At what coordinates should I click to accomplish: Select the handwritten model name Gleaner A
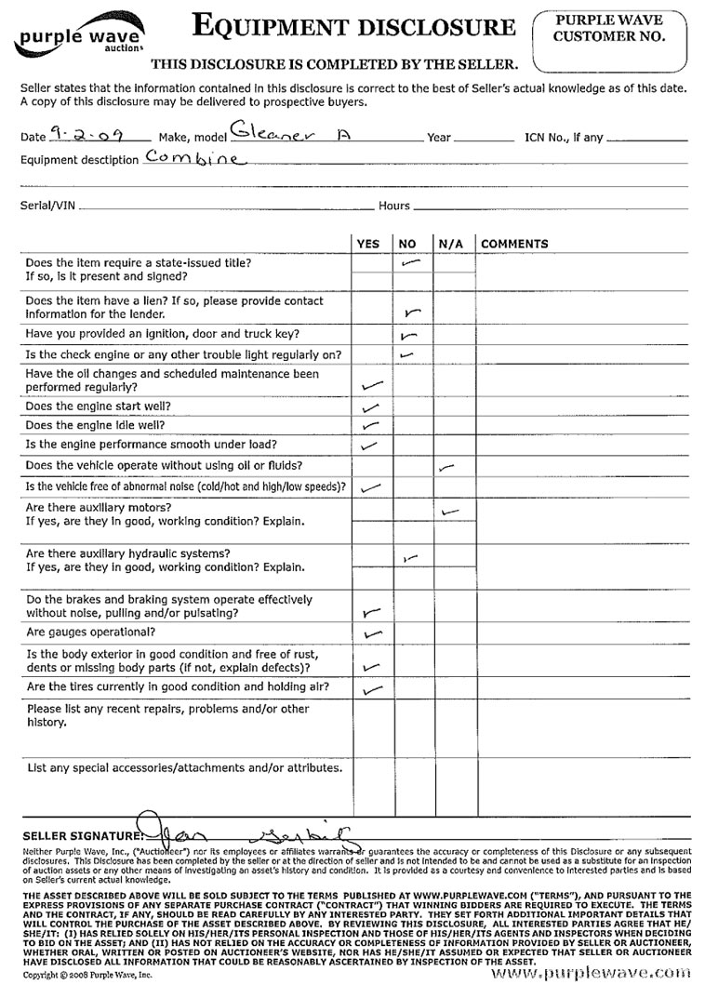276,133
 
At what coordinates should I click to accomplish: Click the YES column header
368,244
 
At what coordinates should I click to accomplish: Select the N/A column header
450,244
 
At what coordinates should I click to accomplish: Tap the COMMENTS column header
514,244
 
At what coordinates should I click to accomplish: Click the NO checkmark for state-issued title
410,264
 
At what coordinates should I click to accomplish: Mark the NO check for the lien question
412,313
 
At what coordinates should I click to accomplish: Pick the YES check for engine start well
370,406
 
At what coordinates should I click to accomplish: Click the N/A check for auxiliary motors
450,512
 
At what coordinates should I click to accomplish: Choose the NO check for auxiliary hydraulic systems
410,558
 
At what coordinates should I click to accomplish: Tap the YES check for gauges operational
373,634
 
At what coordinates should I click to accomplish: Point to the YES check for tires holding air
372,690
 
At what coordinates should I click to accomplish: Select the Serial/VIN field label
48,206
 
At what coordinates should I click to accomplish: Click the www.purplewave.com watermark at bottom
595,971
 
